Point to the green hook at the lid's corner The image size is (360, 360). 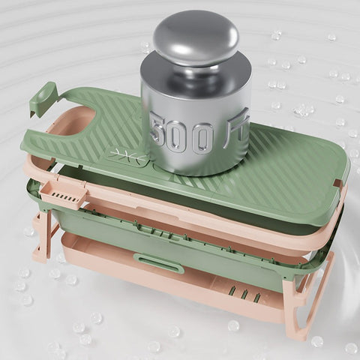(43, 98)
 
